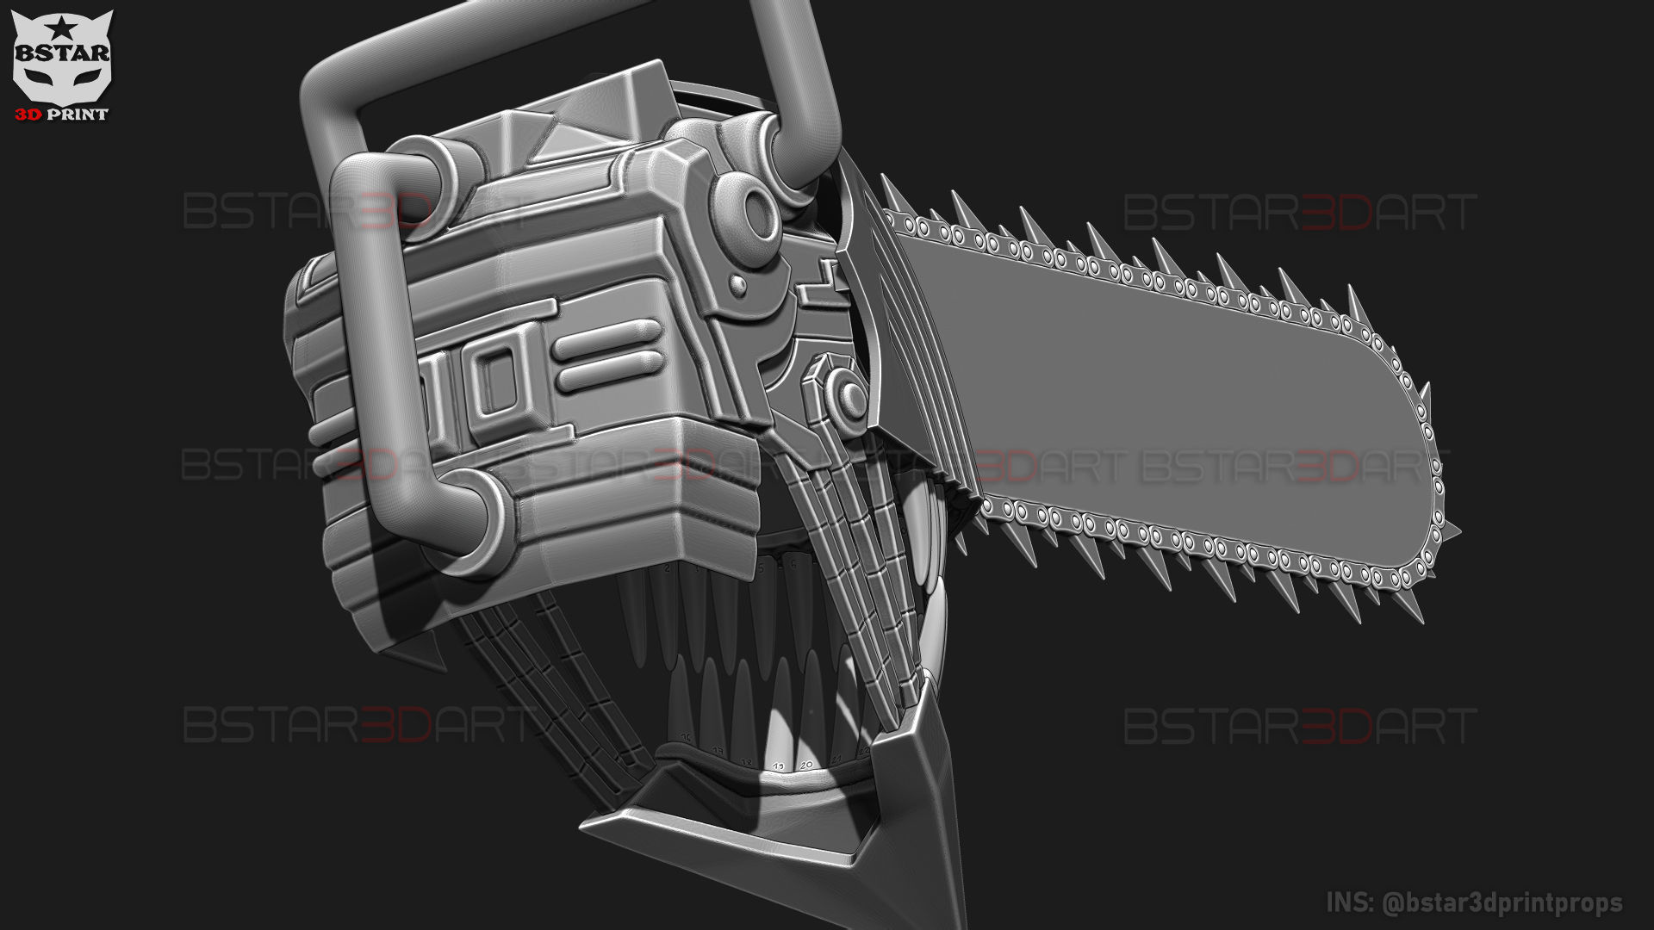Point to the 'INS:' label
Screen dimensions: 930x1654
pyautogui.click(x=1350, y=902)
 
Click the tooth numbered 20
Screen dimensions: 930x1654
pyautogui.click(x=806, y=764)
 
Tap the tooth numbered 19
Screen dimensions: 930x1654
pyautogui.click(x=779, y=766)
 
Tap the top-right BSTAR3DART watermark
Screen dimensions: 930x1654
pyautogui.click(x=1300, y=213)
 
